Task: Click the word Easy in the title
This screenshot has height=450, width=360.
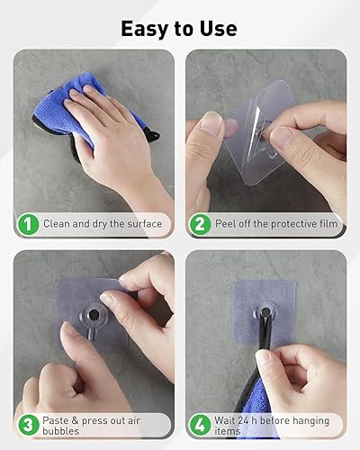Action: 148,28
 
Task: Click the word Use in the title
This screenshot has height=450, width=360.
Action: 218,28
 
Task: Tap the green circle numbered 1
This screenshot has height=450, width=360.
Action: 29,223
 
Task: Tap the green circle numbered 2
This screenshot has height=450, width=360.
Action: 201,223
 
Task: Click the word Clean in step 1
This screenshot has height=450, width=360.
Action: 58,224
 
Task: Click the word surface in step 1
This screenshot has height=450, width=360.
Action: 140,224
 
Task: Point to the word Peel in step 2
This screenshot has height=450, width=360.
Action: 229,224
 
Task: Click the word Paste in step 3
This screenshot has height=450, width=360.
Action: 58,420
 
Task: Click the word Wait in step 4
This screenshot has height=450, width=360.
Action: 229,420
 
